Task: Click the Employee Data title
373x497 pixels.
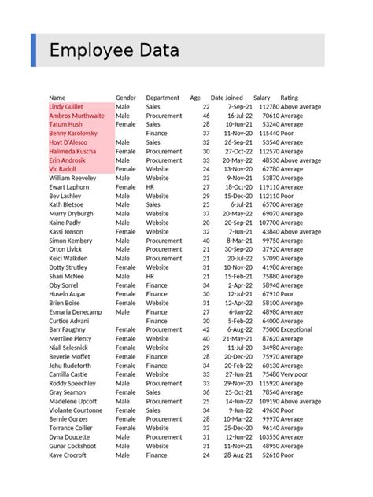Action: tap(114, 51)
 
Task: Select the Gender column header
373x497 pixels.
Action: tap(126, 98)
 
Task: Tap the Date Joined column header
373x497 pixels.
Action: tap(228, 98)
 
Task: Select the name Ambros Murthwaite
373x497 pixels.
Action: tap(76, 116)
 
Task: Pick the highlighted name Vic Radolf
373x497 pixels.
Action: tap(63, 169)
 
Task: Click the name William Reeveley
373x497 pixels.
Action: tap(72, 179)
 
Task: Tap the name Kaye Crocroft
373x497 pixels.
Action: tap(68, 455)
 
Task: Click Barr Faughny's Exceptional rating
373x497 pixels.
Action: tap(297, 330)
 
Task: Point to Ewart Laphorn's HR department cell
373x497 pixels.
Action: tap(151, 187)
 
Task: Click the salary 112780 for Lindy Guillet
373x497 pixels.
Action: tap(268, 106)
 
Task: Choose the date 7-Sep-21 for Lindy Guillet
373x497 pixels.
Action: tap(239, 106)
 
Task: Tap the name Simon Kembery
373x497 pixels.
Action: tap(71, 241)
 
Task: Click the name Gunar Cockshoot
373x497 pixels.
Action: tap(73, 446)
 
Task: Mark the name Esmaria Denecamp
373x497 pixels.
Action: tap(76, 312)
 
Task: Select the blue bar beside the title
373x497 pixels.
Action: tap(33, 50)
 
